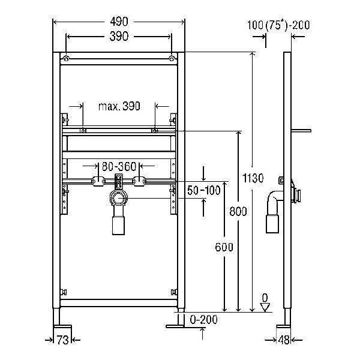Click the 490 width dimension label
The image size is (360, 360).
pyautogui.click(x=119, y=22)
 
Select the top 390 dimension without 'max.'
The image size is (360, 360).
pyautogui.click(x=119, y=37)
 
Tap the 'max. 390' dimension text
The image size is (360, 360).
pyautogui.click(x=119, y=106)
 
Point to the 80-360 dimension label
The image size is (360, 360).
pyautogui.click(x=119, y=166)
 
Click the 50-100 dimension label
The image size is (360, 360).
pyautogui.click(x=204, y=190)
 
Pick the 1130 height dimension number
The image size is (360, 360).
pyautogui.click(x=253, y=178)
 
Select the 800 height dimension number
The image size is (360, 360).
pyautogui.click(x=238, y=211)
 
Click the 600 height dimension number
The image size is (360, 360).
pyautogui.click(x=224, y=247)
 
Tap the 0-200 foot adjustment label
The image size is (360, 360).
pyautogui.click(x=204, y=320)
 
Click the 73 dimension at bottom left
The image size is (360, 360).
pyautogui.click(x=62, y=340)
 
